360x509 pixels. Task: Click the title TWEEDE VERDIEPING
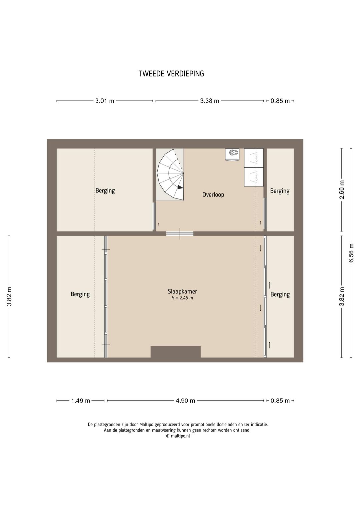coord(171,74)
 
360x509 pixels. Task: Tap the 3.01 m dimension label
coord(104,101)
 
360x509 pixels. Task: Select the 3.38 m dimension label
coord(209,101)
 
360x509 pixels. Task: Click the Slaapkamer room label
coord(182,291)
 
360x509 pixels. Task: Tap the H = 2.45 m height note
coord(182,298)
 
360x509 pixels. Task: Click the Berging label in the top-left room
coord(105,190)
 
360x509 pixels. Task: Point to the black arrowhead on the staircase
coord(180,187)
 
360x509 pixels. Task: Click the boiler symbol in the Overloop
coord(232,154)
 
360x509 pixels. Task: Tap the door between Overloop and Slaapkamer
coord(180,233)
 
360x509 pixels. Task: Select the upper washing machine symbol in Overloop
coord(254,158)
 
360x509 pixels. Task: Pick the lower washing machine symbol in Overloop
coord(254,177)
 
